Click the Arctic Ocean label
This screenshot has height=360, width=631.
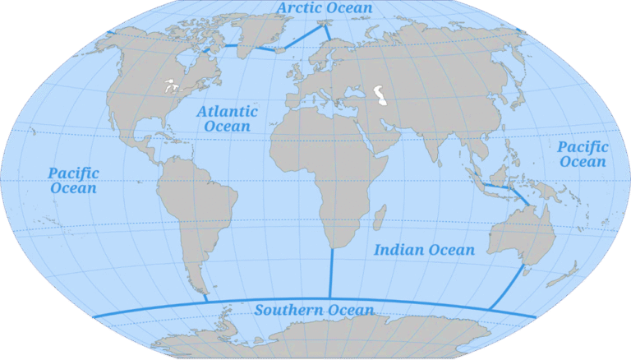click(325, 8)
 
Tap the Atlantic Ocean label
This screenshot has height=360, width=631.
click(227, 118)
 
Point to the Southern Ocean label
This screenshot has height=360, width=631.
click(314, 310)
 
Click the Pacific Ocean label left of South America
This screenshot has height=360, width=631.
click(73, 181)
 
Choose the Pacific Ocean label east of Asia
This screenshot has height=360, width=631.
click(583, 155)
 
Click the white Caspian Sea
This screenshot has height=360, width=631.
click(380, 96)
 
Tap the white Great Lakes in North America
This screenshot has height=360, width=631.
click(172, 85)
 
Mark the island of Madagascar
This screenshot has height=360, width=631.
click(380, 219)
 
